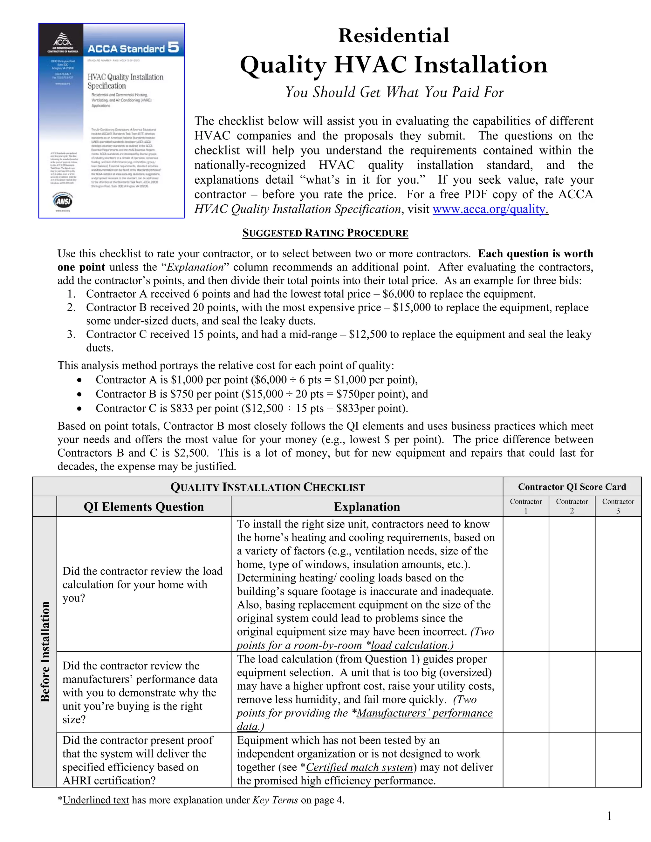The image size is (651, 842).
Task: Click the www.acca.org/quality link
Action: coord(490,209)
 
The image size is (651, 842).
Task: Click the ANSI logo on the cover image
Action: coord(63,200)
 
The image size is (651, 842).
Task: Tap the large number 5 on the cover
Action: coord(173,47)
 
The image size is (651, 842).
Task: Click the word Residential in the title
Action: coord(394,36)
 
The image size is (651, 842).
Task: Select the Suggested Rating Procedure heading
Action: coord(325,233)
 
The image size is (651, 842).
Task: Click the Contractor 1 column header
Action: coord(526,506)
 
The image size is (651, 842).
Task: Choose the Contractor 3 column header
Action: coord(618,506)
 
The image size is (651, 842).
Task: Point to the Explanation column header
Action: coord(367,506)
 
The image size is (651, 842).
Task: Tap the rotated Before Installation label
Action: coord(45,652)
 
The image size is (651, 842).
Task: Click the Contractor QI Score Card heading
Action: coord(572,486)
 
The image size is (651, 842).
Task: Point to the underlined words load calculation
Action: coord(409,645)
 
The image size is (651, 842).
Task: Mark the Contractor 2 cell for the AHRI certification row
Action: coord(572,760)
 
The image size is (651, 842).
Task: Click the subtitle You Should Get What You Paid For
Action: coord(394,92)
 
